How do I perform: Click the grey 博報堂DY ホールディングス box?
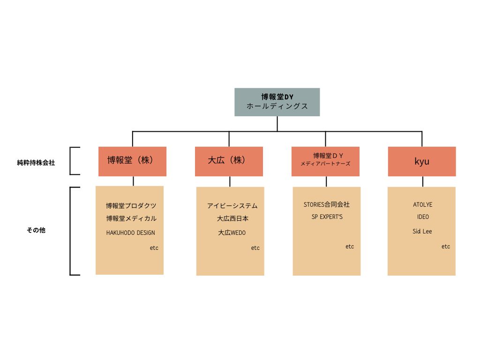click(x=277, y=102)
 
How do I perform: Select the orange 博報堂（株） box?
click(x=132, y=161)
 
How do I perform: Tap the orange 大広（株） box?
click(x=229, y=161)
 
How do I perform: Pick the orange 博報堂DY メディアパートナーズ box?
click(x=325, y=161)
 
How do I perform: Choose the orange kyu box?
click(x=422, y=161)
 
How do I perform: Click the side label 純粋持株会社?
click(x=36, y=163)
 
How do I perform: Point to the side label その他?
click(x=36, y=230)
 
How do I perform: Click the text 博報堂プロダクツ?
click(x=131, y=206)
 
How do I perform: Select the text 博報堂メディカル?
click(x=131, y=218)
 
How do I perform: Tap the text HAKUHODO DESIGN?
click(x=130, y=232)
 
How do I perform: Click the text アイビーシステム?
click(x=232, y=206)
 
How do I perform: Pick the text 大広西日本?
click(x=232, y=218)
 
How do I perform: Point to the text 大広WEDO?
click(x=232, y=232)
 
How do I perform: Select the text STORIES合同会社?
click(x=327, y=204)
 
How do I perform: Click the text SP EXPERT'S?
click(x=327, y=217)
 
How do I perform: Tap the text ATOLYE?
click(x=423, y=204)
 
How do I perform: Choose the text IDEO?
click(x=423, y=217)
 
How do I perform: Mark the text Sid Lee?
click(x=422, y=231)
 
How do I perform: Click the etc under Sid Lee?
click(x=445, y=247)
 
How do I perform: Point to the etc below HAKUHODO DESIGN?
click(x=154, y=248)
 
